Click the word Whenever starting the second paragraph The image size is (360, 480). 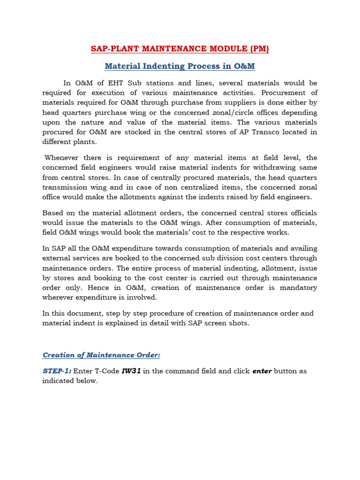(x=64, y=158)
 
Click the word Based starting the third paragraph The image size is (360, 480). (x=52, y=213)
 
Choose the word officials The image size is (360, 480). (x=300, y=213)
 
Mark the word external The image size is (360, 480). (x=57, y=258)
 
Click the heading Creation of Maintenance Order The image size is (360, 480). (x=101, y=355)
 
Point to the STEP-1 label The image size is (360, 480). (x=57, y=371)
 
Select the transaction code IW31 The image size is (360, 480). (x=131, y=371)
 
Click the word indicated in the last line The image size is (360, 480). (x=59, y=381)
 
